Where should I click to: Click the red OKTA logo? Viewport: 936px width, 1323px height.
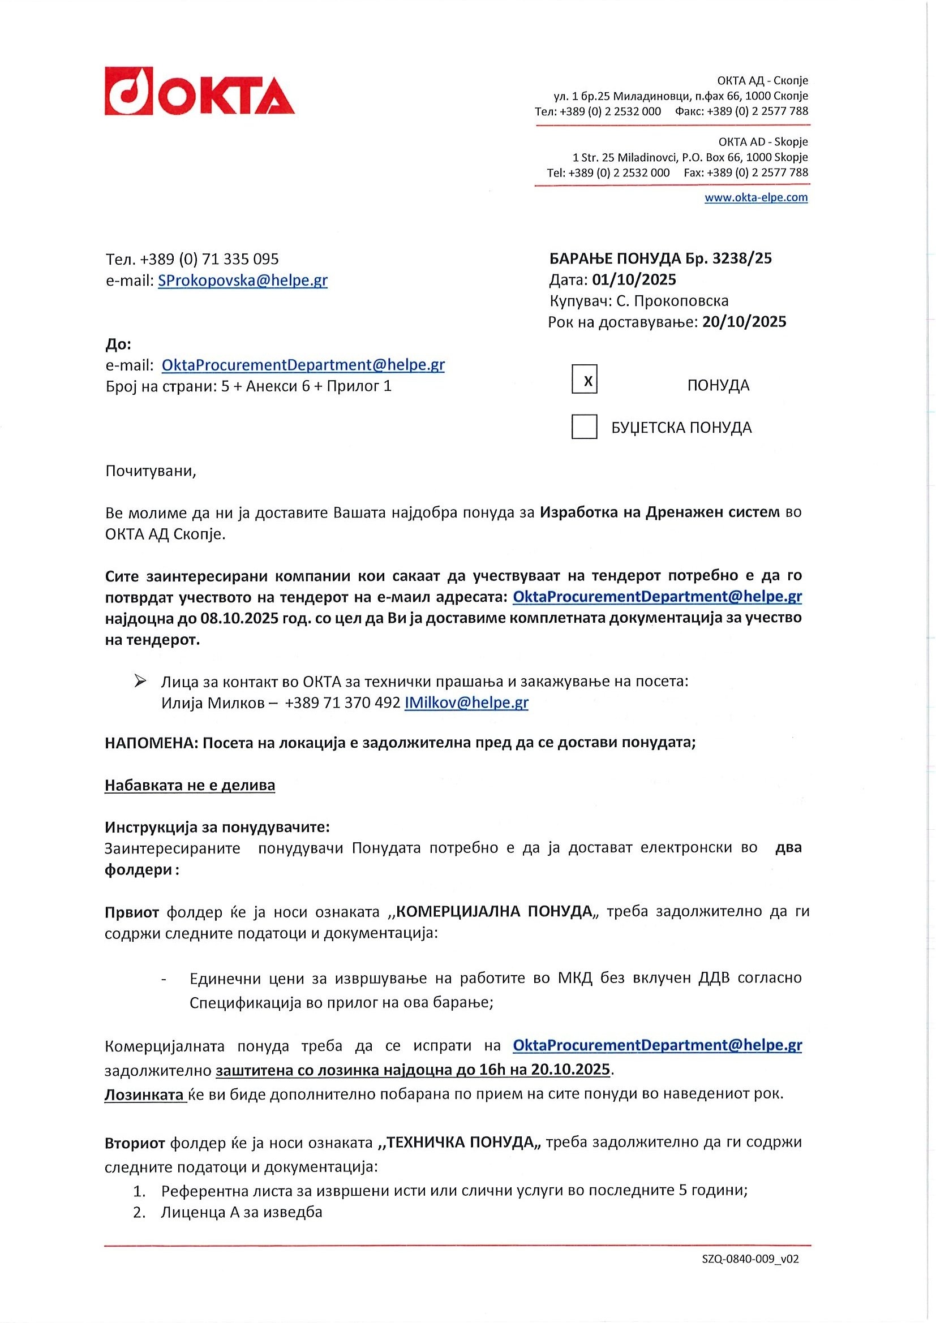pos(199,92)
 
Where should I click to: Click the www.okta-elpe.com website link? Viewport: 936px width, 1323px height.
pos(755,197)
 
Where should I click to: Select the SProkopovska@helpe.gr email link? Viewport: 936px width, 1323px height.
pos(243,281)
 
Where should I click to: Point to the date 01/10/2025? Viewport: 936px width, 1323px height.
pos(634,280)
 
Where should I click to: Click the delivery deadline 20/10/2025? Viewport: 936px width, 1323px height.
pos(744,321)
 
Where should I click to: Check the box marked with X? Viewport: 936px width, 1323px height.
pos(584,380)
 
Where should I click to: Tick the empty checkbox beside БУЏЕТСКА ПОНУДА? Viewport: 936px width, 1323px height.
pos(584,427)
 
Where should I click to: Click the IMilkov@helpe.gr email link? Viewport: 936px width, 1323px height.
pos(466,703)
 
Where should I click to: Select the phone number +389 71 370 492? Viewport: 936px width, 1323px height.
pos(342,703)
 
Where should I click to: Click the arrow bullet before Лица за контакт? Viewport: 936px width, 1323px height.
pos(139,682)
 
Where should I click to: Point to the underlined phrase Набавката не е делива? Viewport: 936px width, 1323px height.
pos(190,786)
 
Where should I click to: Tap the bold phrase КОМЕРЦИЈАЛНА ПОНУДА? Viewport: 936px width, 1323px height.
pos(495,911)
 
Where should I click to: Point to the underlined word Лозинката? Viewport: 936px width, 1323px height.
pos(145,1094)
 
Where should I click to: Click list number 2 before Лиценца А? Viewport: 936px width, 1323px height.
pos(138,1212)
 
